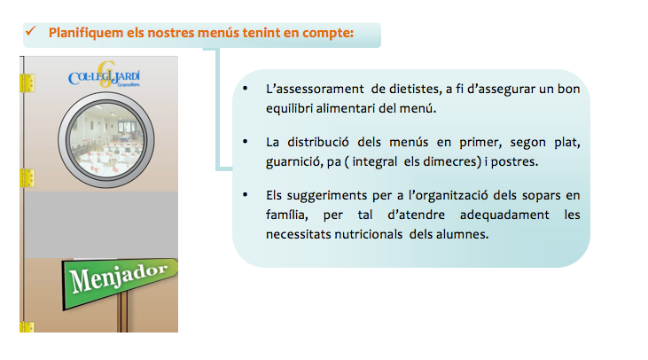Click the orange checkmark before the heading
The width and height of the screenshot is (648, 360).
tap(30, 31)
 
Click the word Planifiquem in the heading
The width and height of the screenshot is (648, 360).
tap(86, 33)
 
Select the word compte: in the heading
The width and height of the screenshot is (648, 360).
tap(328, 33)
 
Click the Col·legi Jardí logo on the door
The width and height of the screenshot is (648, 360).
tap(104, 75)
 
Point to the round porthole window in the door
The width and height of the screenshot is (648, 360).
tap(106, 140)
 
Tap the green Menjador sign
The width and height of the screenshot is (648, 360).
tap(120, 282)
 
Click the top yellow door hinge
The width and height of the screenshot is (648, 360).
tap(27, 83)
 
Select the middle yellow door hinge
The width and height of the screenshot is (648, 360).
tap(27, 178)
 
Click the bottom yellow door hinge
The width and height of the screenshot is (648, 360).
tap(27, 327)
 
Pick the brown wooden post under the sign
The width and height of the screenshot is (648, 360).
tap(122, 311)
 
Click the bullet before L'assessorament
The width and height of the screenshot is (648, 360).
tap(245, 88)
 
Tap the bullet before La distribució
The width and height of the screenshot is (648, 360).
tap(245, 141)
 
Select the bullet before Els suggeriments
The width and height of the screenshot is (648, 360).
tap(245, 194)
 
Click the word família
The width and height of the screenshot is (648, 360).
tap(287, 215)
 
